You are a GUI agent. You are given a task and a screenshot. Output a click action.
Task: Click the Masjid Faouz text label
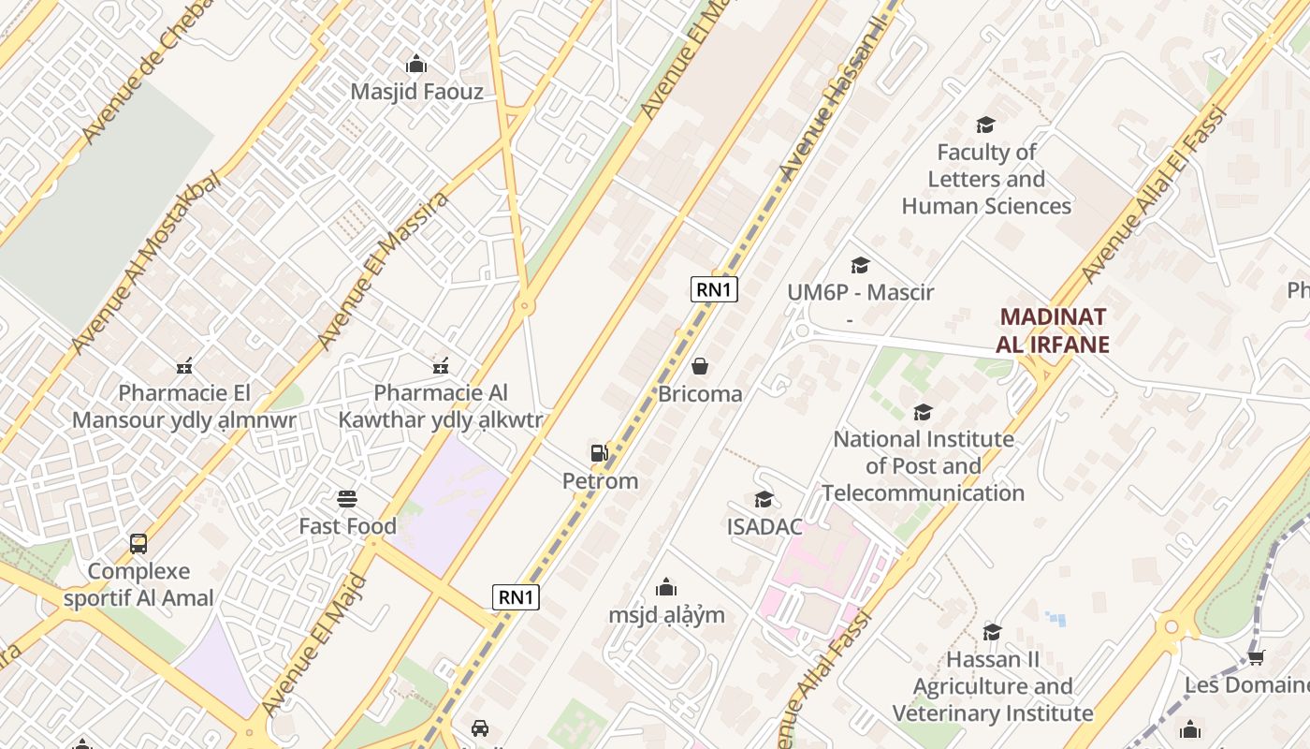pos(416,92)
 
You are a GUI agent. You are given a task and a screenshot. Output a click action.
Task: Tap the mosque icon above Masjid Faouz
pos(416,65)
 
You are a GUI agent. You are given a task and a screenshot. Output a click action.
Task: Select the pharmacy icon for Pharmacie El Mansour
pos(184,366)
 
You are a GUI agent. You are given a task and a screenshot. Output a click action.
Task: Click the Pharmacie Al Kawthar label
pos(440,406)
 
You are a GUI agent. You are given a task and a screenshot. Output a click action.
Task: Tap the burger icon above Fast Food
pos(347,499)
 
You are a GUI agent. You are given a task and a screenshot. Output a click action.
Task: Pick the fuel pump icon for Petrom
pos(600,453)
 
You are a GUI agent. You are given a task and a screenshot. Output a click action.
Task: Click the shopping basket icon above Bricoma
pos(700,366)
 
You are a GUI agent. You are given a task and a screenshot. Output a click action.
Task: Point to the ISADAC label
pos(764,527)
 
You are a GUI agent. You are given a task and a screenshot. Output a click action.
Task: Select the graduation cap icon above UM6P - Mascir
pos(860,266)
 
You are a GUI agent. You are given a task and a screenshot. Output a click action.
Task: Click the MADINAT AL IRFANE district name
pos(1053,330)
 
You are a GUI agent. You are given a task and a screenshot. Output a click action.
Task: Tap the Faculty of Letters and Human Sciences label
pos(986,179)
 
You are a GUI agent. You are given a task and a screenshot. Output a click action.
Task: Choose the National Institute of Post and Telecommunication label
pos(924,465)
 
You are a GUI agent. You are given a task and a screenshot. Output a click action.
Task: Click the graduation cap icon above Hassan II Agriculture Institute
pos(992,632)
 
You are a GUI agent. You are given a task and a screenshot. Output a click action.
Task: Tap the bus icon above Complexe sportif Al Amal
pos(138,544)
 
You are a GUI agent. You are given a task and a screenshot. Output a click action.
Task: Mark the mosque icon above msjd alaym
pos(666,587)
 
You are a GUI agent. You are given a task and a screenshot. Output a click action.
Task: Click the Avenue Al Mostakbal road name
pos(147,263)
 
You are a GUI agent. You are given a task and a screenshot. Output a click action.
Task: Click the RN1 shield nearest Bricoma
pos(714,289)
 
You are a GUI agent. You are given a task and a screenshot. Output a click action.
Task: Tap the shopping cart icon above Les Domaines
pos(1256,658)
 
